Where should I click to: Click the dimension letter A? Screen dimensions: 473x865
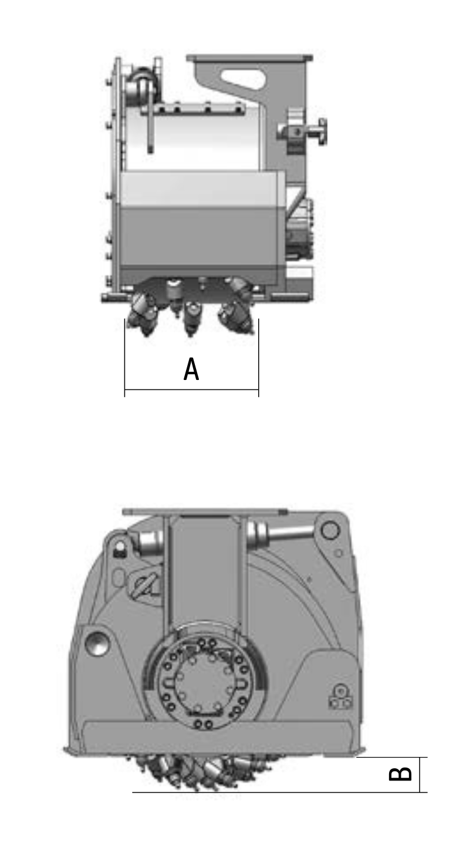coord(191,369)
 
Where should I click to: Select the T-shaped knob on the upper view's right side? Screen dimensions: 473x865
coord(305,132)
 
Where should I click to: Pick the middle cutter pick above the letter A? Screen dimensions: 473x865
coord(191,318)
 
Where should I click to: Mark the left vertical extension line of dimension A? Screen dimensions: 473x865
coord(124,358)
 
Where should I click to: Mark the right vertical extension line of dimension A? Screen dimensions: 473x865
coord(258,358)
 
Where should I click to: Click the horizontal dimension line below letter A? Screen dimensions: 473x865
coord(191,390)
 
